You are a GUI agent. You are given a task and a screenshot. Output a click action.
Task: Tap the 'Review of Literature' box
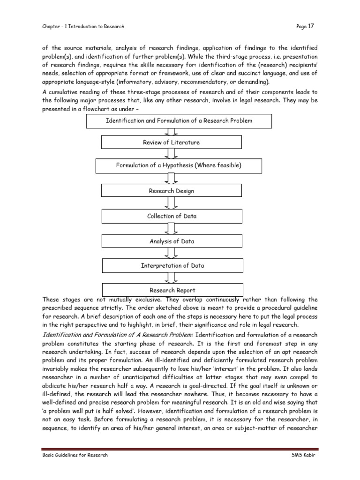coord(172,142)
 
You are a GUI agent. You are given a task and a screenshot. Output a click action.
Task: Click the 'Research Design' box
coord(172,191)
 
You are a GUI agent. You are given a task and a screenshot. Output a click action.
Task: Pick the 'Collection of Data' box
coord(172,216)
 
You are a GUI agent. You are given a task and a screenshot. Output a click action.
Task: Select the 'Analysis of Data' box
coord(172,241)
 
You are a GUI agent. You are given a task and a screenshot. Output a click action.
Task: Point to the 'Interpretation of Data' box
coord(172,265)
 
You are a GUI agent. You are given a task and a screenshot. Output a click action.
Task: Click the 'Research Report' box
coord(172,290)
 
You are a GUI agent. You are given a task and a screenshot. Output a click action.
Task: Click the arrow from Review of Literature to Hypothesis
coord(172,154)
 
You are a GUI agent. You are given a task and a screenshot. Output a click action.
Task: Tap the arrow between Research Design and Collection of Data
coord(172,203)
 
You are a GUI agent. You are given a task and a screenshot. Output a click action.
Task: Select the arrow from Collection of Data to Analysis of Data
coord(172,229)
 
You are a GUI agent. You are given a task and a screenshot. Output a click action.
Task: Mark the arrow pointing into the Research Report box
coord(172,277)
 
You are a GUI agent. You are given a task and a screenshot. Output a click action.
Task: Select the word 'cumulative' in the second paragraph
coord(63,92)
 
